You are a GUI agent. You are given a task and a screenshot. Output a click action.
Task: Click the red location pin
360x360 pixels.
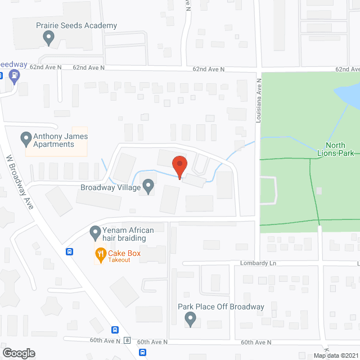tap(179, 166)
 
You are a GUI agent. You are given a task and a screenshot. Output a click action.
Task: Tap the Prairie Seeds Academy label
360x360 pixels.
tap(76, 26)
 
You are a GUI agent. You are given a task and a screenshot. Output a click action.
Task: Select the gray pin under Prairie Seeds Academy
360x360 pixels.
tap(48, 38)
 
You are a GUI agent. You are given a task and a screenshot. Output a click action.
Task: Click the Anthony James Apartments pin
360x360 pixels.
tap(25, 137)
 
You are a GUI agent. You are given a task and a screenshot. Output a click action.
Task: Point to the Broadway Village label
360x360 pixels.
tap(110, 187)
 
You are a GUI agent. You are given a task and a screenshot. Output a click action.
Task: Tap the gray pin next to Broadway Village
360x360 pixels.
tap(148, 185)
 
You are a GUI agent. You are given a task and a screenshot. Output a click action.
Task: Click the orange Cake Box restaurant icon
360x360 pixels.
tap(101, 254)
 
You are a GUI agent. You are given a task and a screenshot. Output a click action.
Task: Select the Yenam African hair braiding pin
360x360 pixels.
tap(95, 231)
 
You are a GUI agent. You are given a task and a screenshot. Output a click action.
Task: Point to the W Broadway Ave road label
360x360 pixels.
tap(19, 183)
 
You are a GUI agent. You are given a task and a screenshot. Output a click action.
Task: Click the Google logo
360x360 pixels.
tap(18, 353)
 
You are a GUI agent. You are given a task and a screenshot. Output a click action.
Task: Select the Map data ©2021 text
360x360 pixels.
tap(336, 355)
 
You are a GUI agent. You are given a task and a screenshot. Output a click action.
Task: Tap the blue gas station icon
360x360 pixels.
tap(15, 75)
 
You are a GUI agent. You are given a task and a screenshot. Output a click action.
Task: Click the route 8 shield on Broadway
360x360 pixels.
tap(128, 341)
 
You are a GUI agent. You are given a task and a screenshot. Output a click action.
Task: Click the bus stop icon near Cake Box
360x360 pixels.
tap(69, 251)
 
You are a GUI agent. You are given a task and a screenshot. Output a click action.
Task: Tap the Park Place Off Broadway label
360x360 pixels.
tap(220, 307)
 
